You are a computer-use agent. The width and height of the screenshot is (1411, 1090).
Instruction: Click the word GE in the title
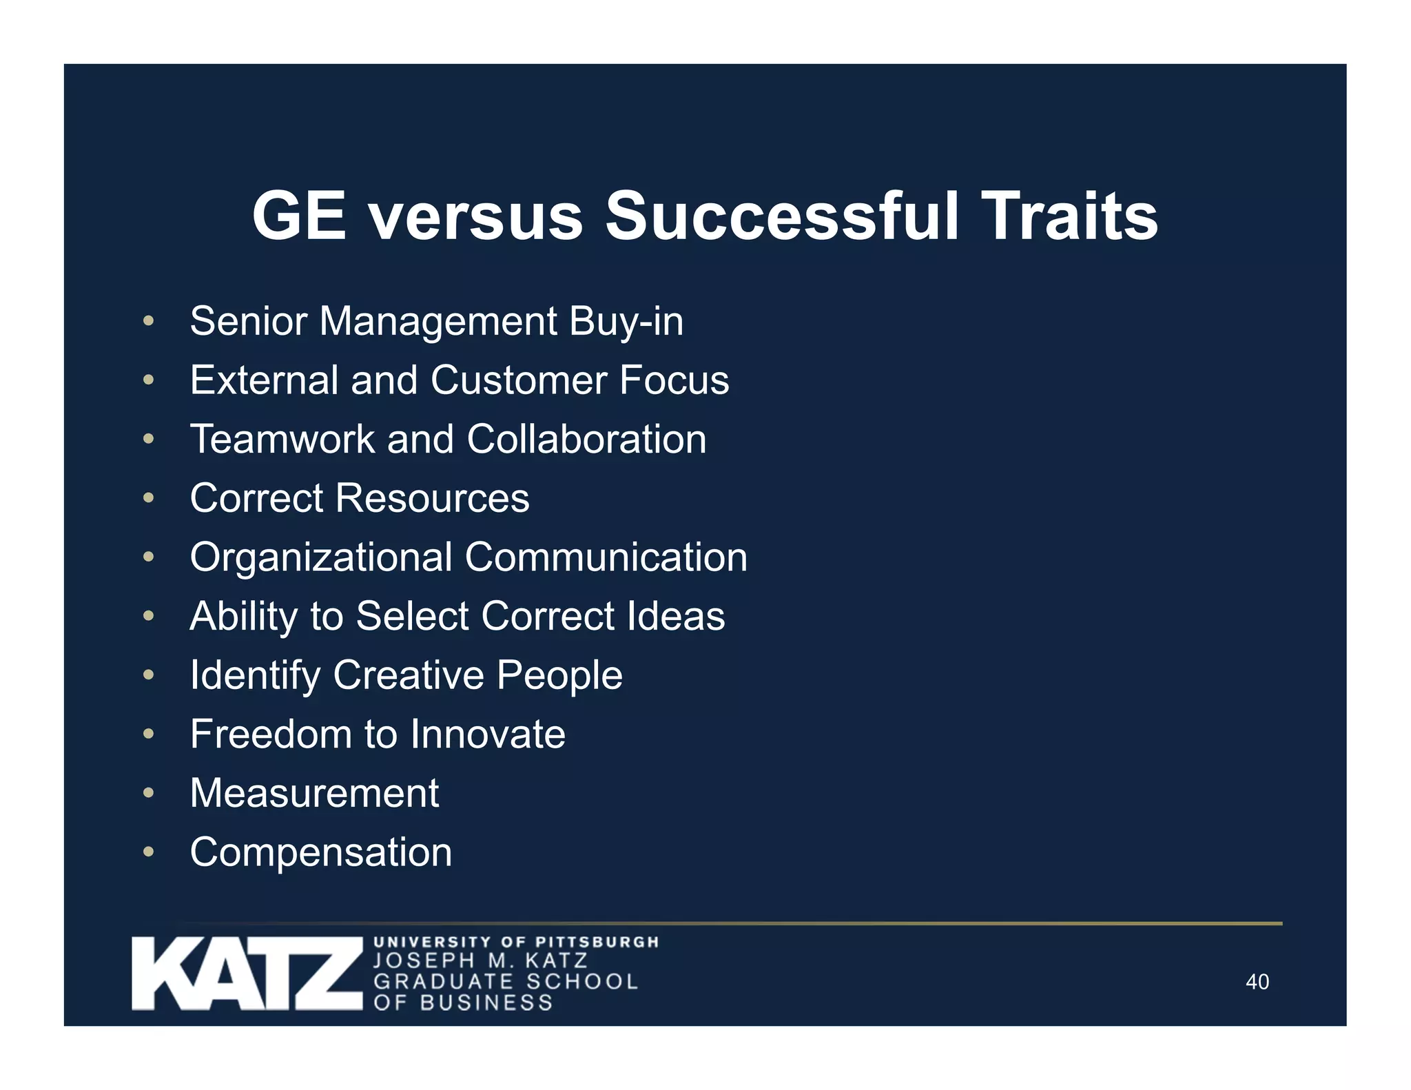pyautogui.click(x=298, y=216)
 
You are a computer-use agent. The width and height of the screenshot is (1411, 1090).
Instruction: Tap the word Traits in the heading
pyautogui.click(x=1069, y=216)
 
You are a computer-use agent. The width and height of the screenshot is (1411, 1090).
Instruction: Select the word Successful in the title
pyautogui.click(x=782, y=216)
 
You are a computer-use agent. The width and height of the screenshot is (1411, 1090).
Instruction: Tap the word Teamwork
pyautogui.click(x=282, y=440)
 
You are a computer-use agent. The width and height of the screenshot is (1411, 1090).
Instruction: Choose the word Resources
pyautogui.click(x=432, y=498)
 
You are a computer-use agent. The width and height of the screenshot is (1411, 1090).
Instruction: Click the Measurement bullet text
pyautogui.click(x=314, y=793)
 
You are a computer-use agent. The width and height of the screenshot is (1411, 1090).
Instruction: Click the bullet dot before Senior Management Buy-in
pyautogui.click(x=148, y=321)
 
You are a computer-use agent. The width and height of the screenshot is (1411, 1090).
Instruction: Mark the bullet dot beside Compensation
pyautogui.click(x=148, y=852)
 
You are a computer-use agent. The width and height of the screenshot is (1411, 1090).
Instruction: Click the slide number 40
pyautogui.click(x=1257, y=982)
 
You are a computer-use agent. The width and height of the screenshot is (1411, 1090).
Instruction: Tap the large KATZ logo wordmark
pyautogui.click(x=247, y=974)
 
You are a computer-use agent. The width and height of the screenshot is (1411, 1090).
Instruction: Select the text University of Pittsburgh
pyautogui.click(x=516, y=942)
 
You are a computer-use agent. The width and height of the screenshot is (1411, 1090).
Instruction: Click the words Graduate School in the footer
pyautogui.click(x=506, y=981)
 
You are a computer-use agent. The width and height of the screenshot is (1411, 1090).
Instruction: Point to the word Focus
pyautogui.click(x=674, y=380)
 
